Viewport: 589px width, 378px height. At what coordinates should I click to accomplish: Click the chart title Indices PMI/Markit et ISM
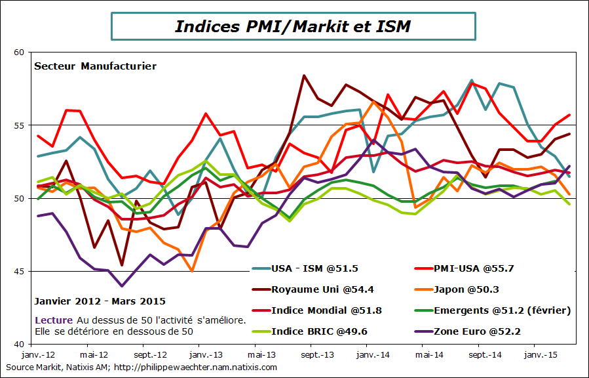tap(293, 26)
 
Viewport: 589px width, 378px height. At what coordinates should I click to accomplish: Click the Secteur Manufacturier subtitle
tap(95, 66)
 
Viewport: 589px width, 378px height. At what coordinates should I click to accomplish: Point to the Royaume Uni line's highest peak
tap(304, 75)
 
